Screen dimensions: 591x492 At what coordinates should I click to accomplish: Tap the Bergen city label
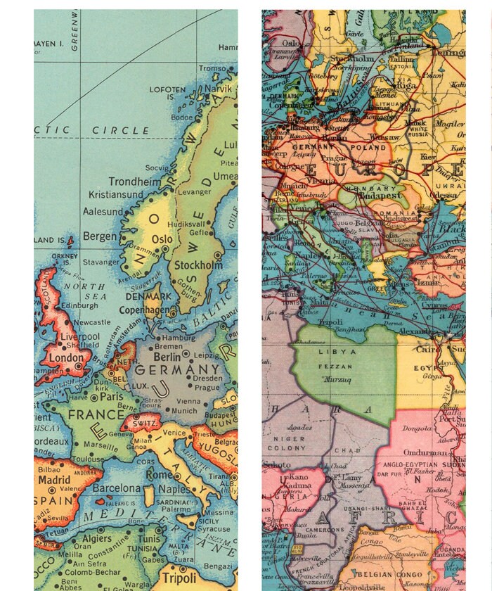100,236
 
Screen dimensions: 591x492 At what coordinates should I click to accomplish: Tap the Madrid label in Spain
54,480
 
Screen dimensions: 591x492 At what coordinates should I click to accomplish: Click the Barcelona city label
117,488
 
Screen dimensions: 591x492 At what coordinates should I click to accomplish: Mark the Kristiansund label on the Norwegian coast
117,194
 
